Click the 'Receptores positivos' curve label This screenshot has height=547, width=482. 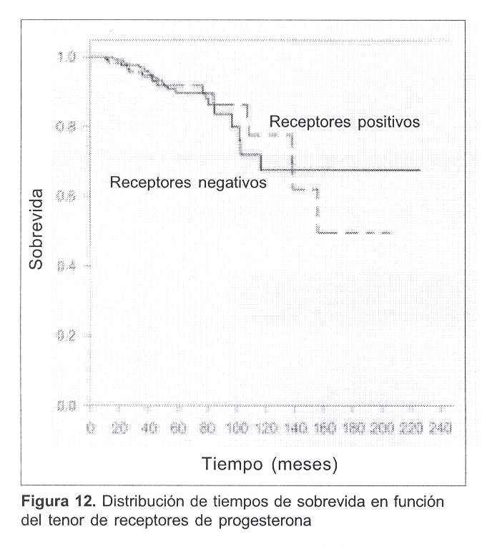[344, 121]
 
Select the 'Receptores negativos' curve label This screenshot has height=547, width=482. [188, 182]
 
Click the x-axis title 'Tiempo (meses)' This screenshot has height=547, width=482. [268, 464]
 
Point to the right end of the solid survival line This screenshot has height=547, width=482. [419, 170]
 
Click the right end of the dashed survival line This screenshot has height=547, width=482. [390, 233]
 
